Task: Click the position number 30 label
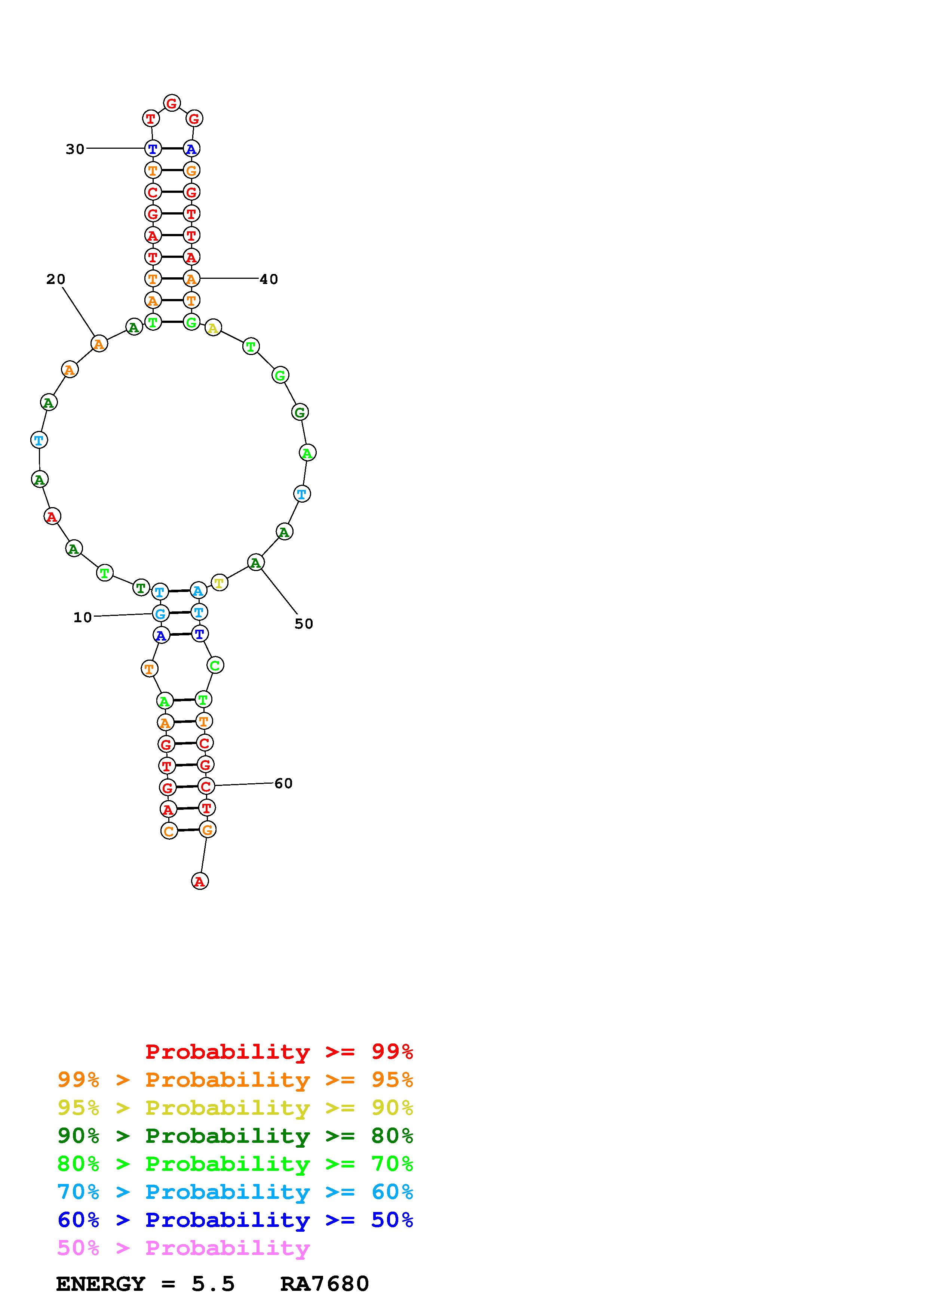75,149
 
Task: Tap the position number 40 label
269,279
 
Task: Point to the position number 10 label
83,617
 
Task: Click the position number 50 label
304,624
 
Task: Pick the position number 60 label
283,783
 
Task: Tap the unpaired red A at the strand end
199,881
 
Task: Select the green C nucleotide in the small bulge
215,665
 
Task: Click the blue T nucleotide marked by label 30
153,149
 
